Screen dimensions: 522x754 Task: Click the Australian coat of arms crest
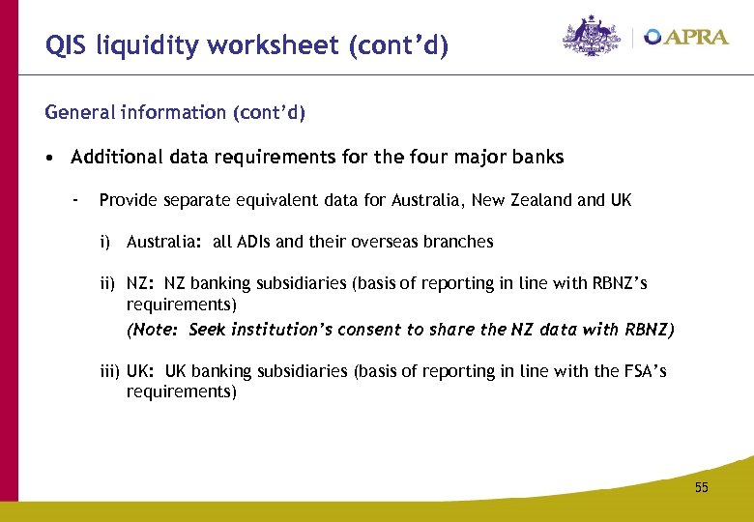pyautogui.click(x=592, y=37)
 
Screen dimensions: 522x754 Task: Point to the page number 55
pyautogui.click(x=701, y=487)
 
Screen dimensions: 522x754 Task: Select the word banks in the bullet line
pyautogui.click(x=537, y=157)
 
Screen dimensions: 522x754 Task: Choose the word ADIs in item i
pyautogui.click(x=259, y=242)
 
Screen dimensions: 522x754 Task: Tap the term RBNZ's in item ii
pyautogui.click(x=619, y=284)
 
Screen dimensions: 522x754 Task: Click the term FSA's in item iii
pyautogui.click(x=641, y=372)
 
